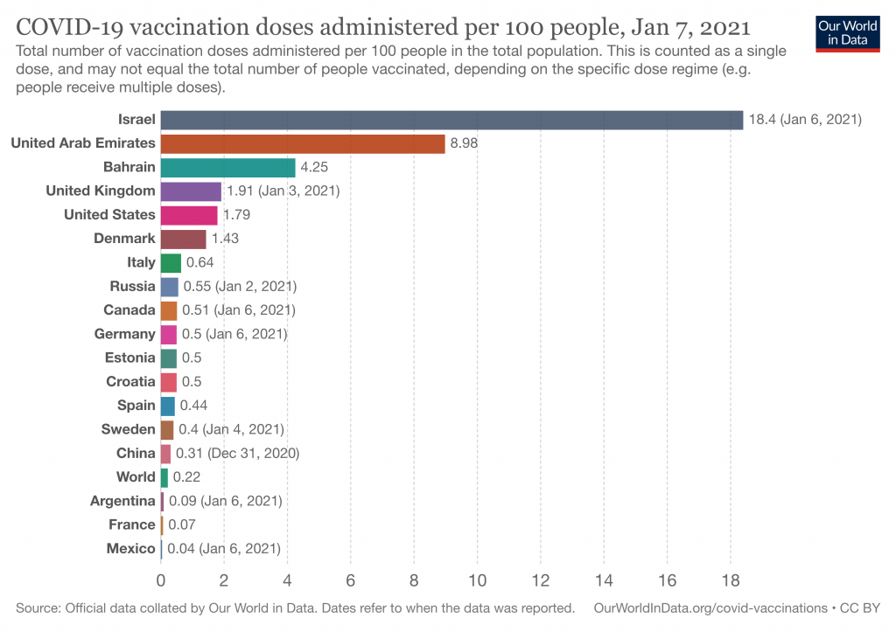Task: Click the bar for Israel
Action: click(x=451, y=120)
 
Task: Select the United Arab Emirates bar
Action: click(x=302, y=144)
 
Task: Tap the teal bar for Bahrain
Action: click(x=227, y=168)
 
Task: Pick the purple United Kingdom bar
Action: click(x=190, y=191)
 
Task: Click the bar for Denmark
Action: click(x=183, y=240)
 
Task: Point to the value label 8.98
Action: click(x=464, y=143)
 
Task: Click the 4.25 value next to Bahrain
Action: click(x=314, y=167)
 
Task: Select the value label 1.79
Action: click(x=236, y=215)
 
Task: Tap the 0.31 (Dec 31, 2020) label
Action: click(x=238, y=454)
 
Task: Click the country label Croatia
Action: click(x=130, y=381)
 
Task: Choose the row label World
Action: click(x=136, y=476)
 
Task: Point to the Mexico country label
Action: click(x=131, y=549)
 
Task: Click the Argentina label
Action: click(x=122, y=501)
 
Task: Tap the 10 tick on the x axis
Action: click(x=477, y=581)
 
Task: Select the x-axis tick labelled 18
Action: click(x=731, y=581)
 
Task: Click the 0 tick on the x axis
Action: click(x=161, y=581)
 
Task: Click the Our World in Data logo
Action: click(x=847, y=34)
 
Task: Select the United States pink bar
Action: click(x=189, y=215)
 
